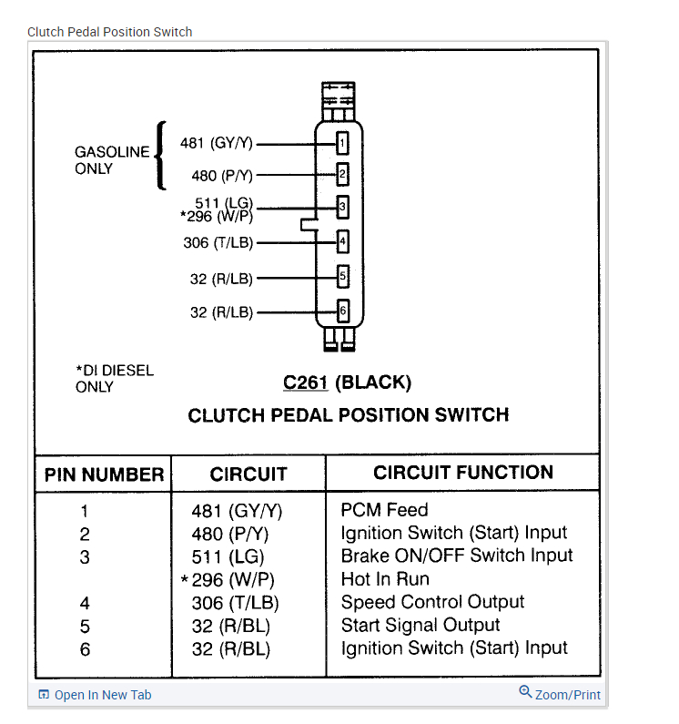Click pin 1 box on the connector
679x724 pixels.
point(342,143)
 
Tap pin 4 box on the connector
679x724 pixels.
point(342,242)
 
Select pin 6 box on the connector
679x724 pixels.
point(342,311)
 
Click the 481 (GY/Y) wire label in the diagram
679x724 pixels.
point(217,143)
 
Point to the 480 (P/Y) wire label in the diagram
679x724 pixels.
point(222,175)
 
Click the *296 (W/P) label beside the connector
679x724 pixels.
point(217,217)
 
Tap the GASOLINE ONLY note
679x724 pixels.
point(112,160)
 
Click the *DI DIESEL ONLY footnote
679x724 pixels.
point(115,379)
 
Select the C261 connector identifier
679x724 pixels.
point(305,382)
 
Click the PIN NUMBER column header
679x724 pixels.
point(104,474)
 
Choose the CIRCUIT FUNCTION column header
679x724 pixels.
point(463,472)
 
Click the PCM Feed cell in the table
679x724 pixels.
point(384,510)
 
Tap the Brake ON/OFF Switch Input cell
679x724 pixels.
point(457,556)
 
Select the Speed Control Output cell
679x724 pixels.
point(432,602)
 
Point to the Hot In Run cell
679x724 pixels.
point(385,579)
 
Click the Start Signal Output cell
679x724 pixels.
point(421,625)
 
